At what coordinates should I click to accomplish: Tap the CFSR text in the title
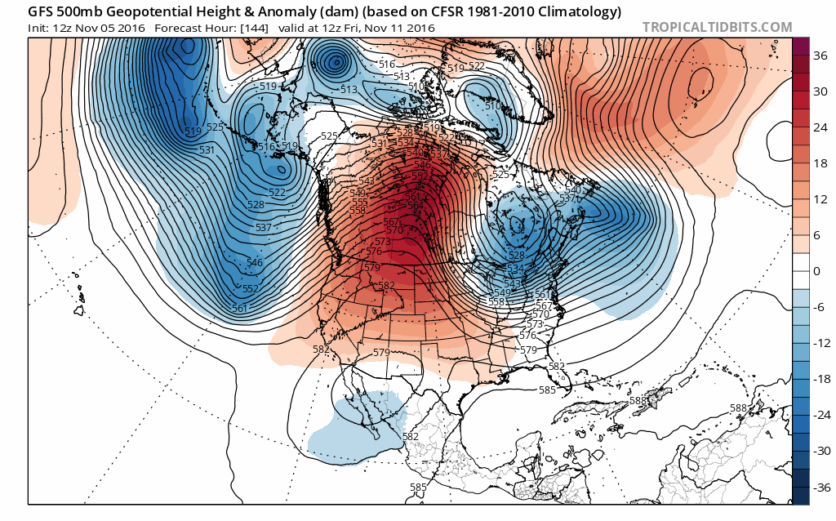(x=421, y=11)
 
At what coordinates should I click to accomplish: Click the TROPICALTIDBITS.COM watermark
(x=717, y=27)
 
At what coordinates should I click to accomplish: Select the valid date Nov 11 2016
(x=399, y=28)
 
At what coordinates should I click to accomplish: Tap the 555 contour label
(x=359, y=201)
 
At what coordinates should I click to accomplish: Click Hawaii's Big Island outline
(x=82, y=309)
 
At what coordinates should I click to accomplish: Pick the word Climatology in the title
(x=580, y=11)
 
